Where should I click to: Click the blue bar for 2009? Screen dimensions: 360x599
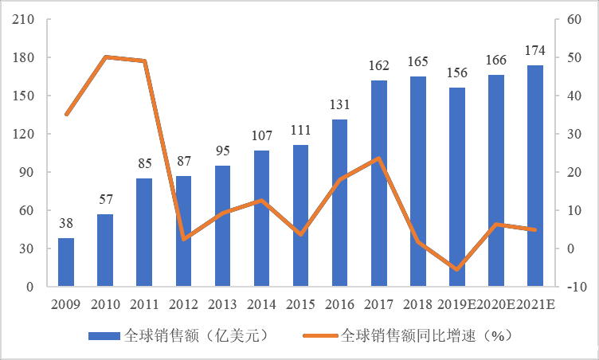coord(66,262)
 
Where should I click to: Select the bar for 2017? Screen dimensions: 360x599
coord(379,183)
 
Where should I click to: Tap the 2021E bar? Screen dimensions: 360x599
coord(535,175)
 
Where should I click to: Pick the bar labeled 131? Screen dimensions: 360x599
coord(340,202)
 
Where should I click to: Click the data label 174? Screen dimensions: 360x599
coord(535,51)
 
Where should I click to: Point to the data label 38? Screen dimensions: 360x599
coord(66,224)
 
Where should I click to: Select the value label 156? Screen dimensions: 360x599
coord(457,73)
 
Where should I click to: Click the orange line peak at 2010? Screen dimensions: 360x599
coord(105,57)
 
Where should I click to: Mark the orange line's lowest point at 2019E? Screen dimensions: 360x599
coord(457,270)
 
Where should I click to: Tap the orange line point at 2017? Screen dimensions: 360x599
coord(379,158)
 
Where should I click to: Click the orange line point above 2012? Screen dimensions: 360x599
coord(183,239)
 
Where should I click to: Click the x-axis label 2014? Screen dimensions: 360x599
coord(261,304)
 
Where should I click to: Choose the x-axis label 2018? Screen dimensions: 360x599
coord(418,304)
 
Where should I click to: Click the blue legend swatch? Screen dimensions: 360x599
coord(103,335)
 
